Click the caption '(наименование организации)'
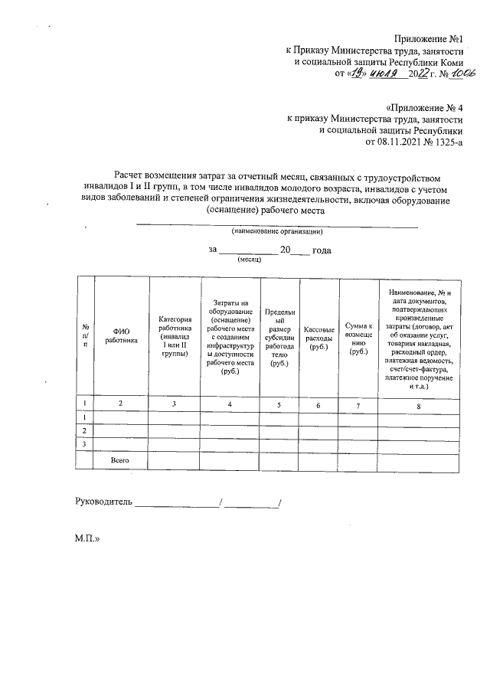click(x=277, y=230)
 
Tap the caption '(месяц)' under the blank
click(x=250, y=260)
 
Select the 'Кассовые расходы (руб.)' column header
click(x=316, y=335)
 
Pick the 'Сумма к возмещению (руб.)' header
click(x=358, y=335)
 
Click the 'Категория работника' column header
click(x=175, y=335)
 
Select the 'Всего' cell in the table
click(x=119, y=460)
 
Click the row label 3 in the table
click(x=83, y=444)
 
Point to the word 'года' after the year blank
click(x=321, y=250)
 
